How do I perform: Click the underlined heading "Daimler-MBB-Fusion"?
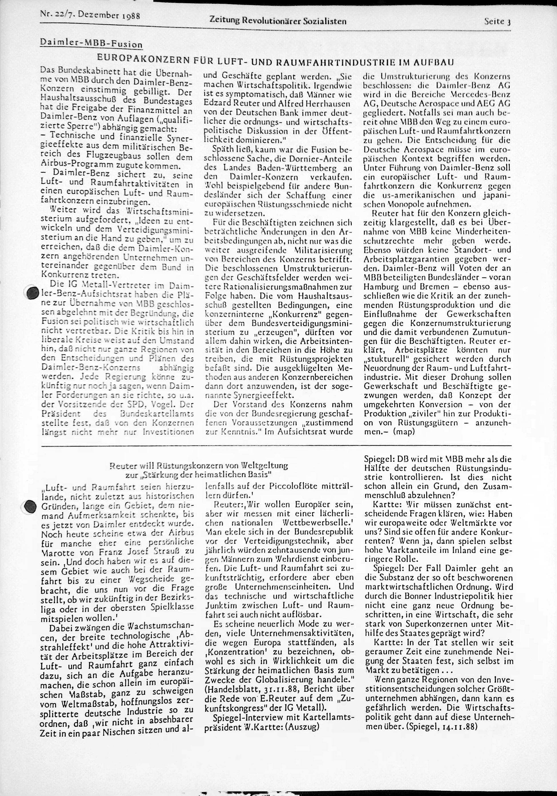pos(91,44)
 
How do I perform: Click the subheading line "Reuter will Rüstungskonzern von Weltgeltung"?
pos(198,466)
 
